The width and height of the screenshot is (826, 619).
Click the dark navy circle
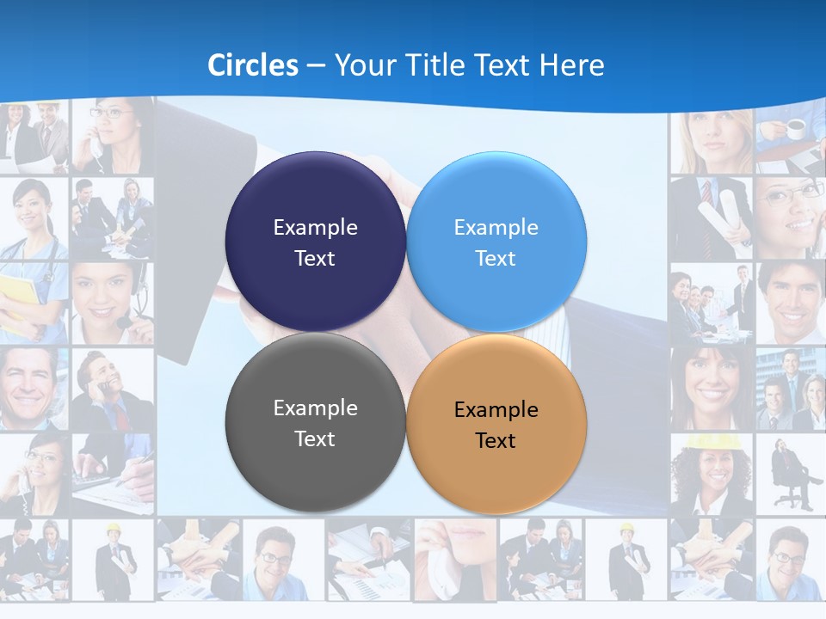tap(315, 242)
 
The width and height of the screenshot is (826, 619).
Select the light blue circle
tap(496, 242)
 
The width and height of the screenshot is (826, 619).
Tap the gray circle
tap(315, 422)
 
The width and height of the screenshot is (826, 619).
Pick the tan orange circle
tap(496, 422)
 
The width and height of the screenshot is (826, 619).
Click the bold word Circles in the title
tap(253, 65)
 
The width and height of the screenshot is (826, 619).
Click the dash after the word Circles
tap(315, 66)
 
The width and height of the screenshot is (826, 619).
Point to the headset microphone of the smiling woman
tap(126, 322)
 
